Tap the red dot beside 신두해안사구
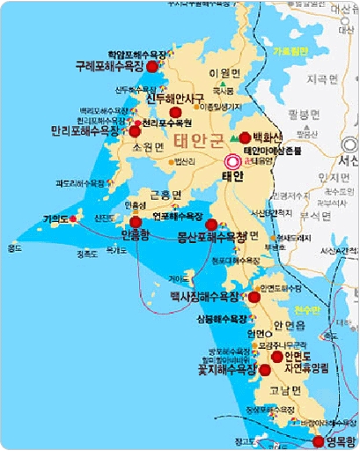176,112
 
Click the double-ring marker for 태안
233,161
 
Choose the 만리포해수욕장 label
86,130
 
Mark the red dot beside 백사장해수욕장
255,297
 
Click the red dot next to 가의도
74,218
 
